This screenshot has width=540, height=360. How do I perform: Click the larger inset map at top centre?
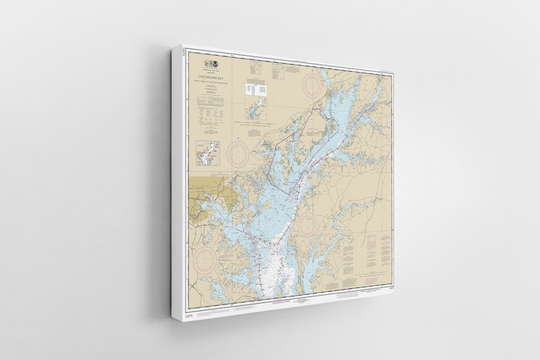(255, 110)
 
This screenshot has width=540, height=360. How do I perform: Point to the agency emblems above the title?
(208, 64)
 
